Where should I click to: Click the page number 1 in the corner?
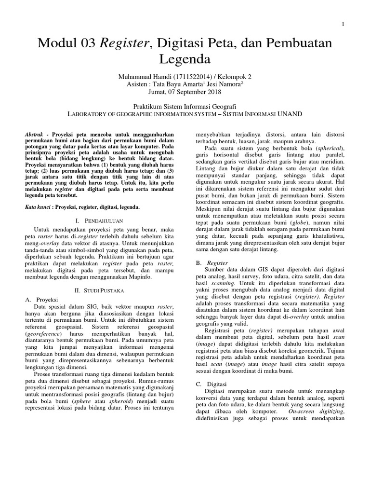(342, 24)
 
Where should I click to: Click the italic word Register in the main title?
(124, 44)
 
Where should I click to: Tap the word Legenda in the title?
(185, 60)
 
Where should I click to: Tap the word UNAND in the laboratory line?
(287, 114)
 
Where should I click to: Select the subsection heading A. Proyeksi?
(41, 300)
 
